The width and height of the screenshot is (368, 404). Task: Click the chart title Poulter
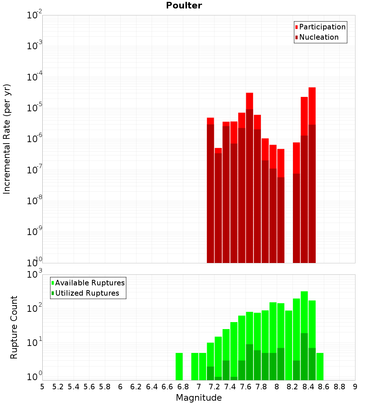tap(184, 6)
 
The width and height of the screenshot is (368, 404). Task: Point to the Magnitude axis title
tap(199, 398)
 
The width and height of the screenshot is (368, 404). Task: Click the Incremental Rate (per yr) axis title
tap(7, 139)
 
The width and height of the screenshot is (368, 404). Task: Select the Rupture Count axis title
tap(14, 327)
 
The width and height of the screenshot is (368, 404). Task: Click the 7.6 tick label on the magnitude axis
tap(245, 386)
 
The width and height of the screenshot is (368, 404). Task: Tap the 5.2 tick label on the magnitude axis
tap(58, 386)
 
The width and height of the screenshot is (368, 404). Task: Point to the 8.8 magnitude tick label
tap(339, 386)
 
